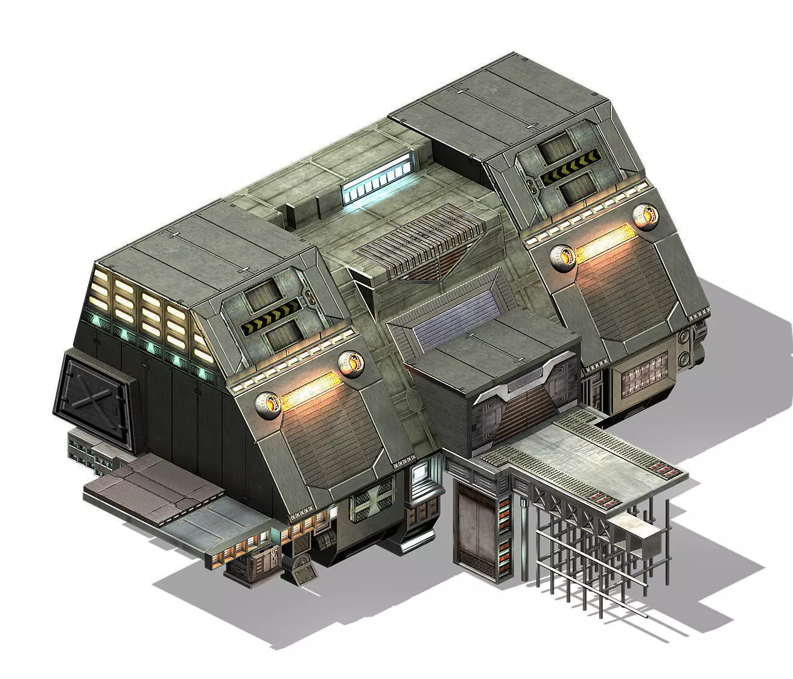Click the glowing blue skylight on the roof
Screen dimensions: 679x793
pyautogui.click(x=380, y=182)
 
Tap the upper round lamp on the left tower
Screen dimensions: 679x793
pyautogui.click(x=352, y=363)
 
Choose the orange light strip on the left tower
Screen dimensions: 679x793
pyautogui.click(x=311, y=387)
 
